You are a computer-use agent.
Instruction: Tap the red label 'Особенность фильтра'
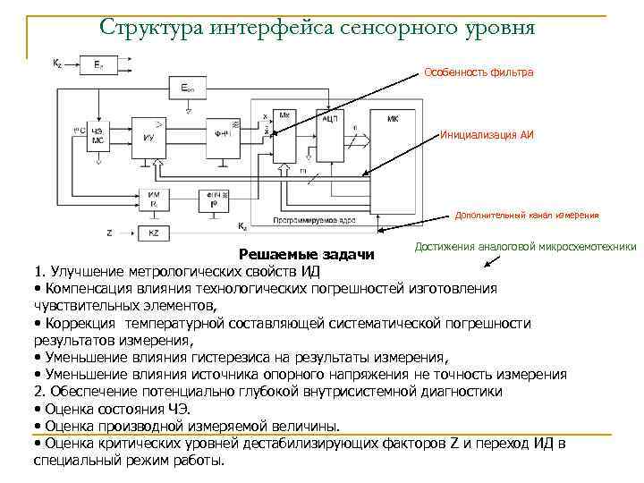click(479, 72)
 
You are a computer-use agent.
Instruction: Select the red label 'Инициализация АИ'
click(487, 136)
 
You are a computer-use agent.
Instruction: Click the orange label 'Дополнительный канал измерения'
click(527, 215)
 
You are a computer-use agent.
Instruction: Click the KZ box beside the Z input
click(153, 233)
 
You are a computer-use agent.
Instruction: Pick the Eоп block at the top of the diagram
click(188, 88)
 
